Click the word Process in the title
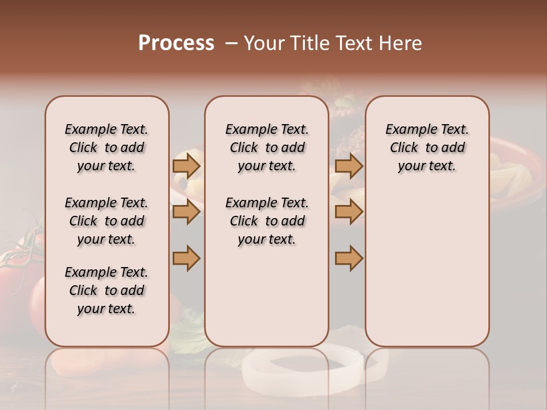176,43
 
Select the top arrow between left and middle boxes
186,166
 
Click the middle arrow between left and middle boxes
186,212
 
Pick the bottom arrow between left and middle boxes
186,258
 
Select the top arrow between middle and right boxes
349,166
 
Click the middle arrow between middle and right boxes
349,212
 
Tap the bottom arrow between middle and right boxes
349,258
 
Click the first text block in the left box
107,147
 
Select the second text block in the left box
107,221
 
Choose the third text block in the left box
107,290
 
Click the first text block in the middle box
267,147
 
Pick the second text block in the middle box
267,221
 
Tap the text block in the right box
427,147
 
